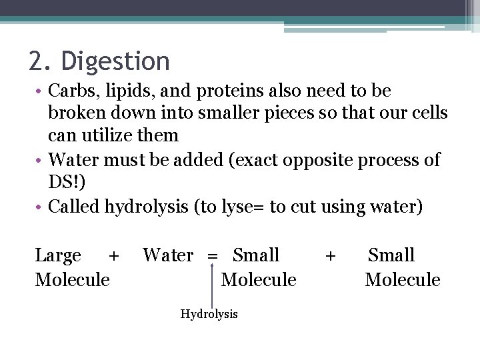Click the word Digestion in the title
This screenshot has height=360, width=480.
[x=115, y=62]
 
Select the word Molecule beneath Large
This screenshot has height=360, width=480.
[x=72, y=279]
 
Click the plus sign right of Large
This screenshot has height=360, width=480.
[x=114, y=256]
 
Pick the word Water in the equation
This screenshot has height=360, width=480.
[x=168, y=255]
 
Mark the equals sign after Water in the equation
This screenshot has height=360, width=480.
[x=213, y=256]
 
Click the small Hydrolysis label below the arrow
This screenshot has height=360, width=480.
[x=209, y=314]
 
